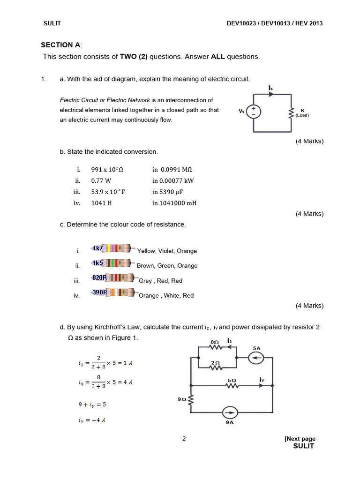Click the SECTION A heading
tap(61, 45)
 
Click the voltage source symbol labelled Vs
tap(254, 111)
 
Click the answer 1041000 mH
tap(174, 203)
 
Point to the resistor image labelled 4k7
tap(112, 248)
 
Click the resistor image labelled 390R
tap(112, 292)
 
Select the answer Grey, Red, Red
tap(161, 281)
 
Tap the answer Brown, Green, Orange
tap(167, 266)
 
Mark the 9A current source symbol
tap(230, 413)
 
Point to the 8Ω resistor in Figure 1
tap(215, 347)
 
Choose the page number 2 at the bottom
tap(184, 439)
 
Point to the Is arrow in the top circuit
tap(270, 93)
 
